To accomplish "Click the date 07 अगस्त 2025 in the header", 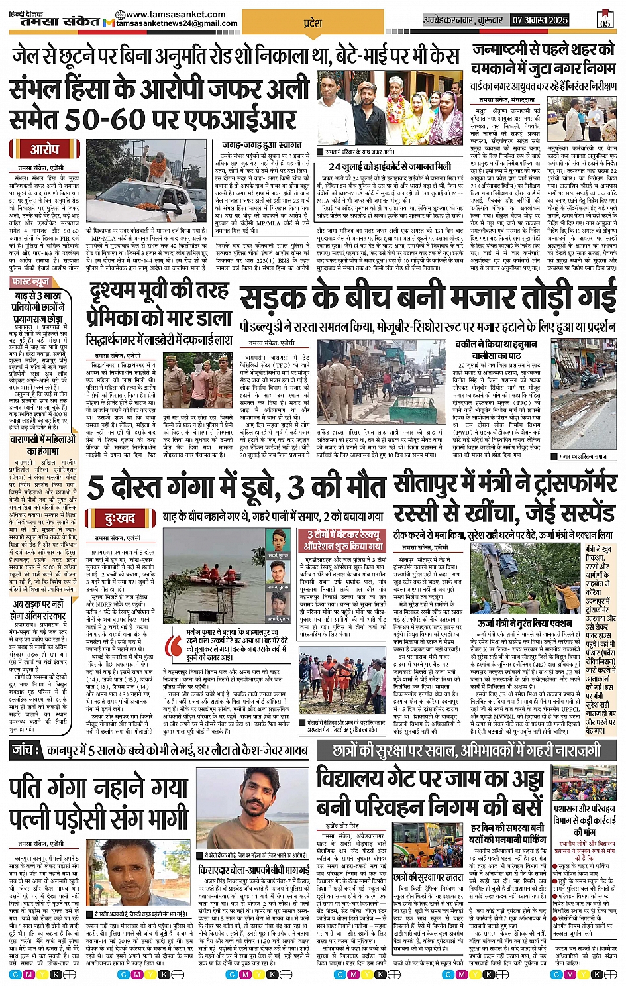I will point(540,21).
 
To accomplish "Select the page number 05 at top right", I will point(605,20).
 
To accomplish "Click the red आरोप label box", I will point(45,150).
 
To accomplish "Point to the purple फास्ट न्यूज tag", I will point(31,282).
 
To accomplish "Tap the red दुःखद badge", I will point(120,518).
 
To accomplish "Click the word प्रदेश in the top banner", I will point(312,23).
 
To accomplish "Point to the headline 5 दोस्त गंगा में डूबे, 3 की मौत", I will point(236,487).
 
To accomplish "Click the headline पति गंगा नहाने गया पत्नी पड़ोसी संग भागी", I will point(99,804).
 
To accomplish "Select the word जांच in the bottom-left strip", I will point(27,751).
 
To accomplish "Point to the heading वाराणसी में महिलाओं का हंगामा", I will point(44,445).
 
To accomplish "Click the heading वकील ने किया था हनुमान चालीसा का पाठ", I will point(497,350).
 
